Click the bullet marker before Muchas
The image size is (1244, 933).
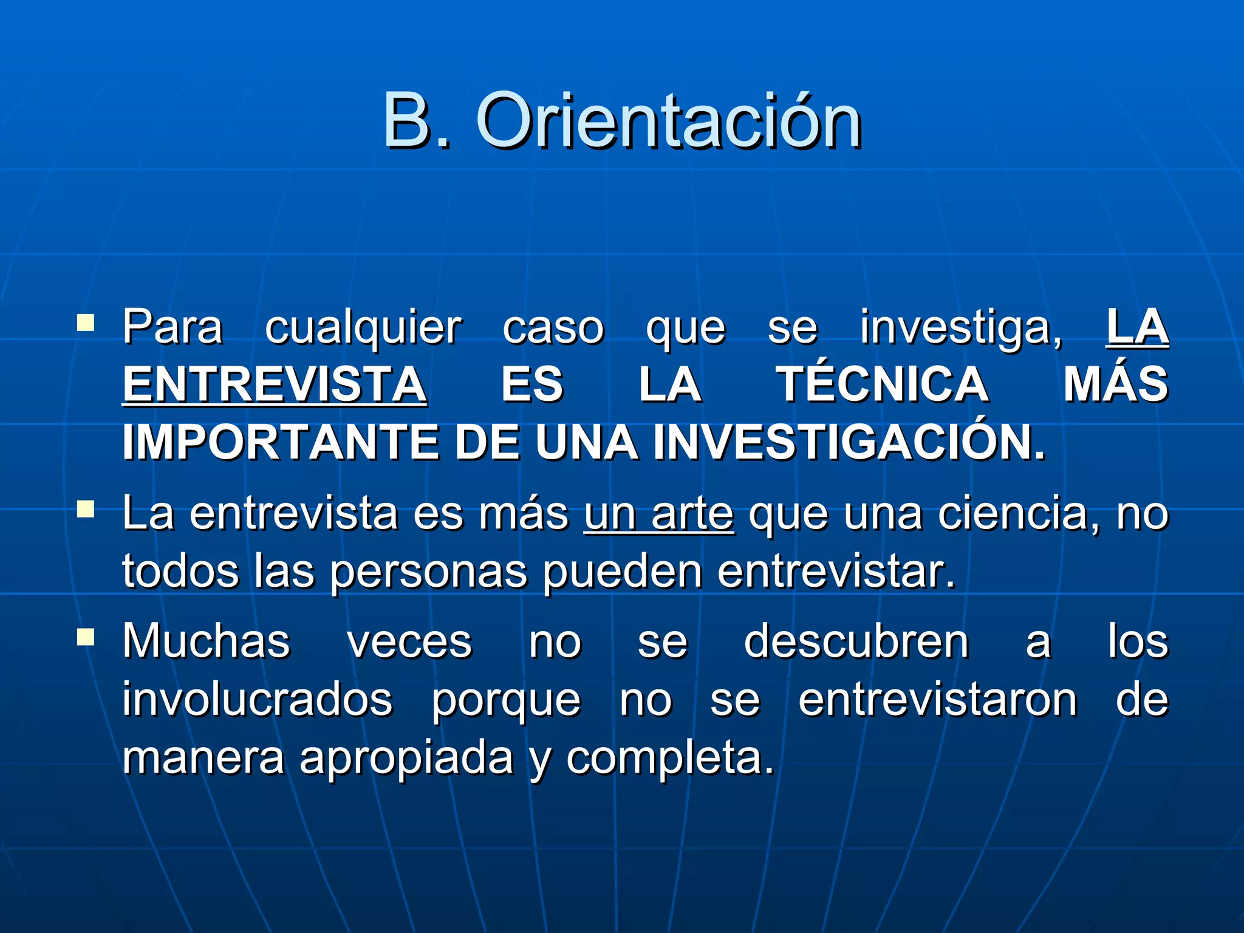point(86,636)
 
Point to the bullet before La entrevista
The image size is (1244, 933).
point(86,508)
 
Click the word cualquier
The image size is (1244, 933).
point(363,329)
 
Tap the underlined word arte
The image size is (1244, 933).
point(692,514)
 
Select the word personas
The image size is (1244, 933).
point(429,572)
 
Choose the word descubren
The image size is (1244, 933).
point(856,642)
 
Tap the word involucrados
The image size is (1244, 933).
point(258,700)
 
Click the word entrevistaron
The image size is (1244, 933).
point(937,700)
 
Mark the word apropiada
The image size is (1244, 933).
point(406,758)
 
